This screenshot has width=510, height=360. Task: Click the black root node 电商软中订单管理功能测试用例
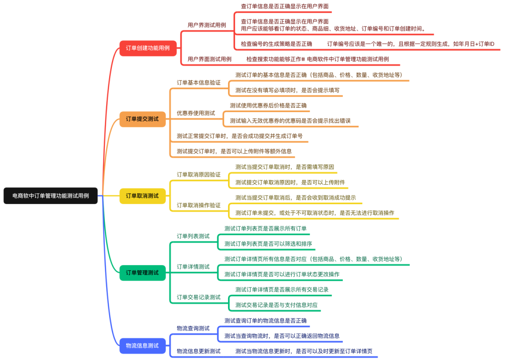pos(51,196)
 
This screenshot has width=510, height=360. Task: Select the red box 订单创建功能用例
pos(148,48)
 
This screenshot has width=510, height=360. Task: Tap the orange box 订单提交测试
pos(142,119)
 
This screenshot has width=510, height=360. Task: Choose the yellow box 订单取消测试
pos(142,196)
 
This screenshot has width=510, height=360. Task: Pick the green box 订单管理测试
pos(142,273)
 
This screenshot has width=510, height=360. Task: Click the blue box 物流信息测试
pos(142,345)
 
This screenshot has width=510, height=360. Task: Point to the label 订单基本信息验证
pos(198,83)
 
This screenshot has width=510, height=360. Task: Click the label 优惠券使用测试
pos(195,113)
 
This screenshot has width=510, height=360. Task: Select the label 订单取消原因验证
pos(198,174)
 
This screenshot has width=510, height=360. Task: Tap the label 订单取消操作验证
pos(198,206)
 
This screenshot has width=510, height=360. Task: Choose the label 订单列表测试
pos(193,236)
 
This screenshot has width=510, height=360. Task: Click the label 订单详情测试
pos(193,267)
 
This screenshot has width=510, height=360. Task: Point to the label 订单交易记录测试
pos(198,298)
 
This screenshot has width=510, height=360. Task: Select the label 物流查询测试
pos(193,328)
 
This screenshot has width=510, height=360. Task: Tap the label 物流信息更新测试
pos(198,351)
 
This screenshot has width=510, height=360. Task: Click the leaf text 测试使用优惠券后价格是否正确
pos(268,105)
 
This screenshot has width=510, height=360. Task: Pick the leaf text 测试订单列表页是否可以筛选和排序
pos(268,244)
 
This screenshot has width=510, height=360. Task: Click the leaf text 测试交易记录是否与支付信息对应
pos(276,305)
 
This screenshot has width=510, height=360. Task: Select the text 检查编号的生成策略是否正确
pos(276,44)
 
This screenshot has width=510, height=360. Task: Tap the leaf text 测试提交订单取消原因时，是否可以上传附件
pos(290,182)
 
